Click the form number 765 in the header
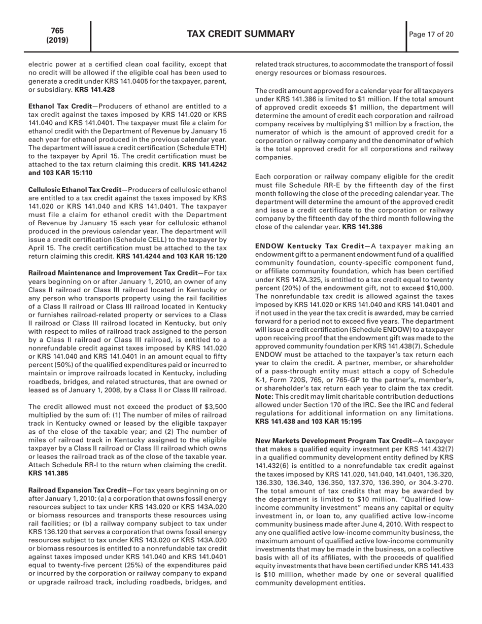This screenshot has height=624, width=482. point(57,31)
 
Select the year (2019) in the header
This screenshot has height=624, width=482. point(57,40)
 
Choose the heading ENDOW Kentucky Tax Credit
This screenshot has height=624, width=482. point(307,246)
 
